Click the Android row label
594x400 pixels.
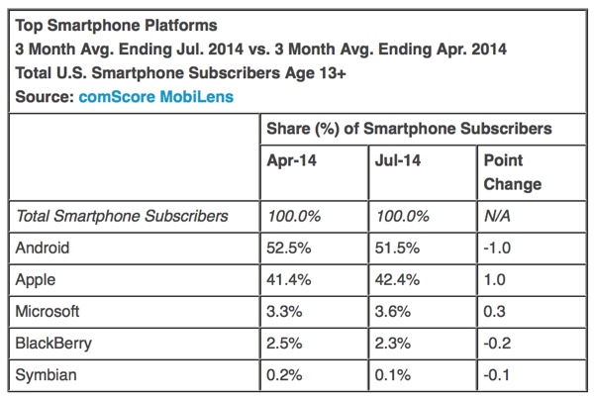point(46,249)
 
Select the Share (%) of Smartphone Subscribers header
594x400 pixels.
point(410,129)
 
